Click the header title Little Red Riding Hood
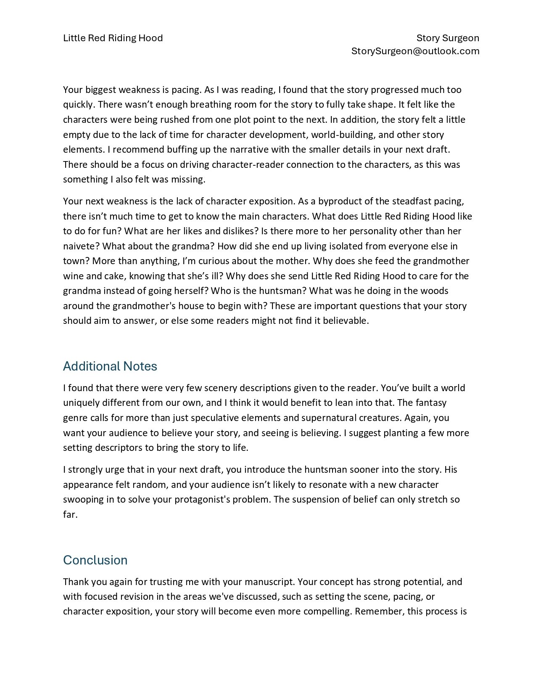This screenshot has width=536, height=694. click(113, 38)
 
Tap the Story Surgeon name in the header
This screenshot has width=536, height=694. click(447, 38)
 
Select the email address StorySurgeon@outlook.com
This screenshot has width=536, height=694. click(415, 51)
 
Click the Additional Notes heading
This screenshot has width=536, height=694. click(110, 366)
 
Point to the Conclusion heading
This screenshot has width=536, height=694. click(95, 560)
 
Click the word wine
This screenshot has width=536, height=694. click(72, 276)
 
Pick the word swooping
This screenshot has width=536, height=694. click(81, 500)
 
